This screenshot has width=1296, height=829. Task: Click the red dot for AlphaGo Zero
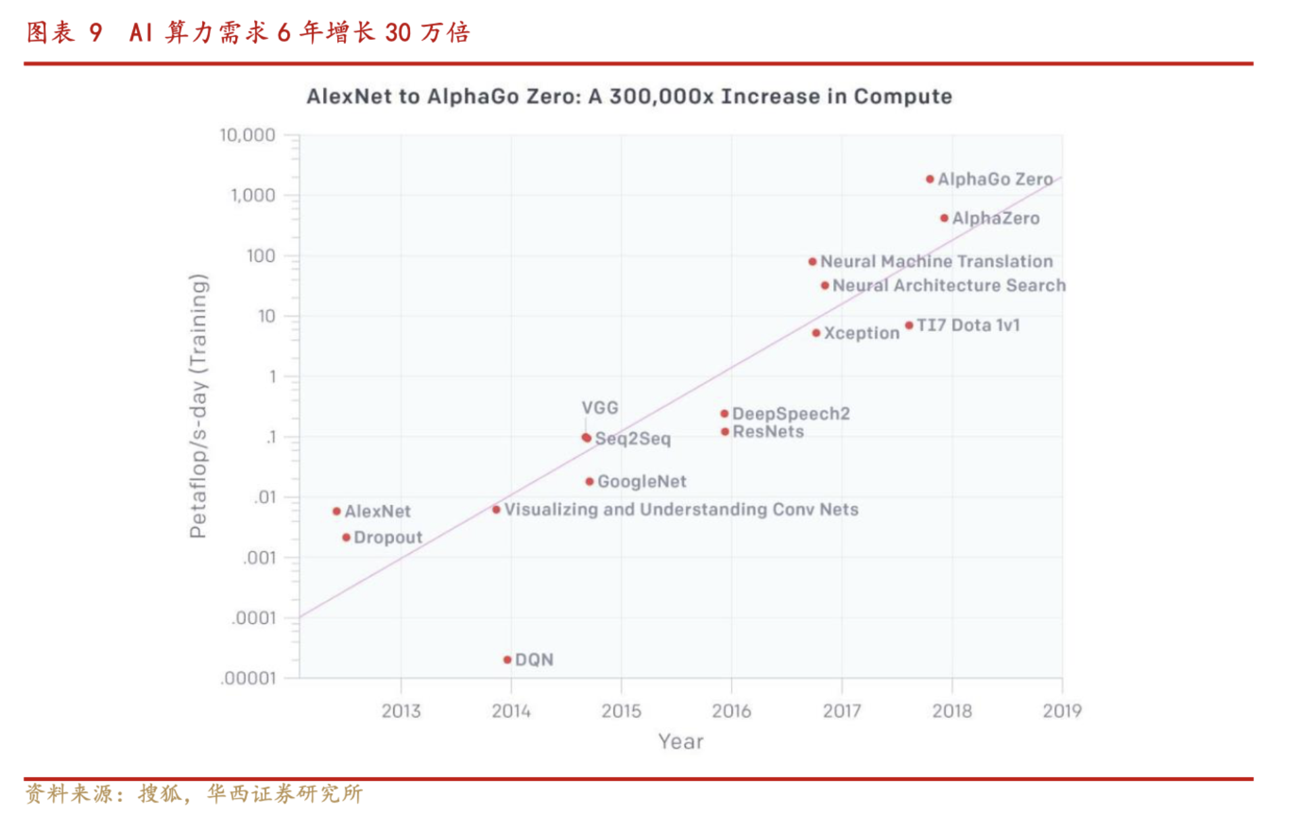point(930,179)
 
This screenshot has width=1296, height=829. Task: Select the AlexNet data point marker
point(337,511)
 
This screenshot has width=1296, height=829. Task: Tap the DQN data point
point(507,660)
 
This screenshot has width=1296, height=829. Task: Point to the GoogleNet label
point(641,481)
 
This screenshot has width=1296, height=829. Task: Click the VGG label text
point(600,408)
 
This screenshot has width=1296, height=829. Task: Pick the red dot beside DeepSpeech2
point(724,414)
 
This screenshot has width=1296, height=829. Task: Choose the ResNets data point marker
point(725,432)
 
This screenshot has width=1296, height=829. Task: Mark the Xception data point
point(816,333)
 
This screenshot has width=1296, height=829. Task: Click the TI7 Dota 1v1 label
point(968,325)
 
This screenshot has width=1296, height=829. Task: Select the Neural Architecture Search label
point(949,285)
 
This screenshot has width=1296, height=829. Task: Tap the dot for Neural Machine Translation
point(813,262)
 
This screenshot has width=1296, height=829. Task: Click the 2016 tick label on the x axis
point(731,711)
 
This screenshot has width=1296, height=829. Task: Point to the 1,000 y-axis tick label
point(253,195)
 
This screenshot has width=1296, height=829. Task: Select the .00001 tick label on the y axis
point(248,678)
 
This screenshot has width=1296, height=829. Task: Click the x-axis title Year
point(680,742)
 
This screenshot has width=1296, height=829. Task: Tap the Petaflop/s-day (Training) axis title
point(198,406)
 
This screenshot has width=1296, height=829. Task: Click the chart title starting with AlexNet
point(629,97)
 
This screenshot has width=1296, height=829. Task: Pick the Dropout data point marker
point(346,538)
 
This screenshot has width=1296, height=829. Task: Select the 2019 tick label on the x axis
point(1062,711)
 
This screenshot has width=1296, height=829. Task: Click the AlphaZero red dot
point(944,218)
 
